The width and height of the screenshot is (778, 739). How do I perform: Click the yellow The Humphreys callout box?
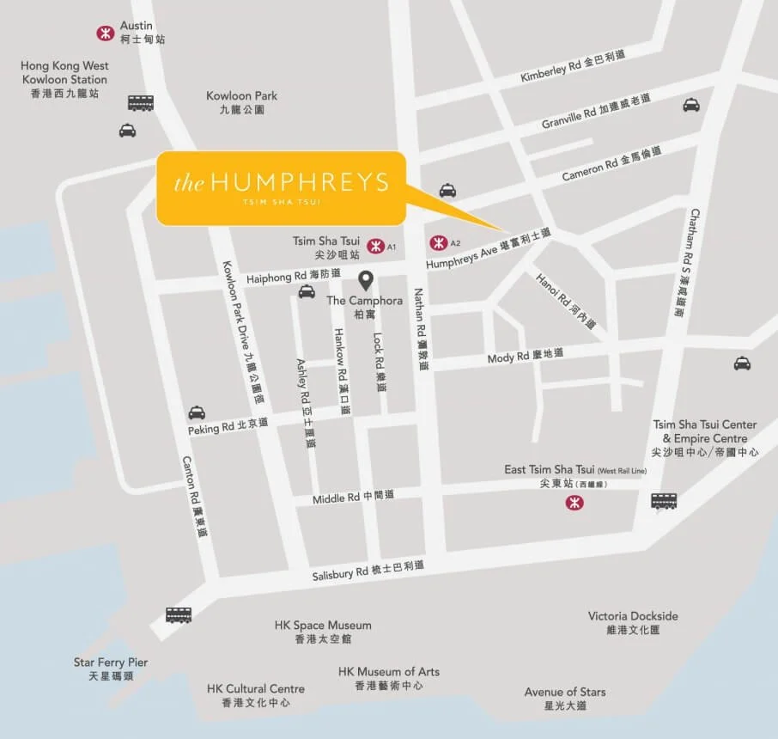(x=280, y=188)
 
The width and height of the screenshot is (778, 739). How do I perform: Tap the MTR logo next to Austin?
(x=105, y=33)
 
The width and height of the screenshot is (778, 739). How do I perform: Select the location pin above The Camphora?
(x=365, y=280)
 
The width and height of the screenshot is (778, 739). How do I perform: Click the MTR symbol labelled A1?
(x=374, y=247)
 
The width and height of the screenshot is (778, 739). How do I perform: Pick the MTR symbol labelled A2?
(x=438, y=242)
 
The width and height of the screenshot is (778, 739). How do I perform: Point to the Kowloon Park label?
(x=241, y=102)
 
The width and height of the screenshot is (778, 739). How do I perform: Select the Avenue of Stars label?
(x=565, y=698)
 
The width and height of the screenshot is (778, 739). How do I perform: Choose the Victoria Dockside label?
(x=633, y=622)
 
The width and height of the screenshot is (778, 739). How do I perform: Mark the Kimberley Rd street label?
(x=573, y=66)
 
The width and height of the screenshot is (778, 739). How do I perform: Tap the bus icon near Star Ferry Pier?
(x=179, y=615)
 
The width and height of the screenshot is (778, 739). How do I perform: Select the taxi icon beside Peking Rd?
(x=197, y=412)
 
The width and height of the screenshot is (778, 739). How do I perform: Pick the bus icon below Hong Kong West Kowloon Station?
(x=141, y=103)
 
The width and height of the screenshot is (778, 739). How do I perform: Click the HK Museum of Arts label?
(x=388, y=678)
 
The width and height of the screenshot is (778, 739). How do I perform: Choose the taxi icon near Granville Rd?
(x=691, y=105)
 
